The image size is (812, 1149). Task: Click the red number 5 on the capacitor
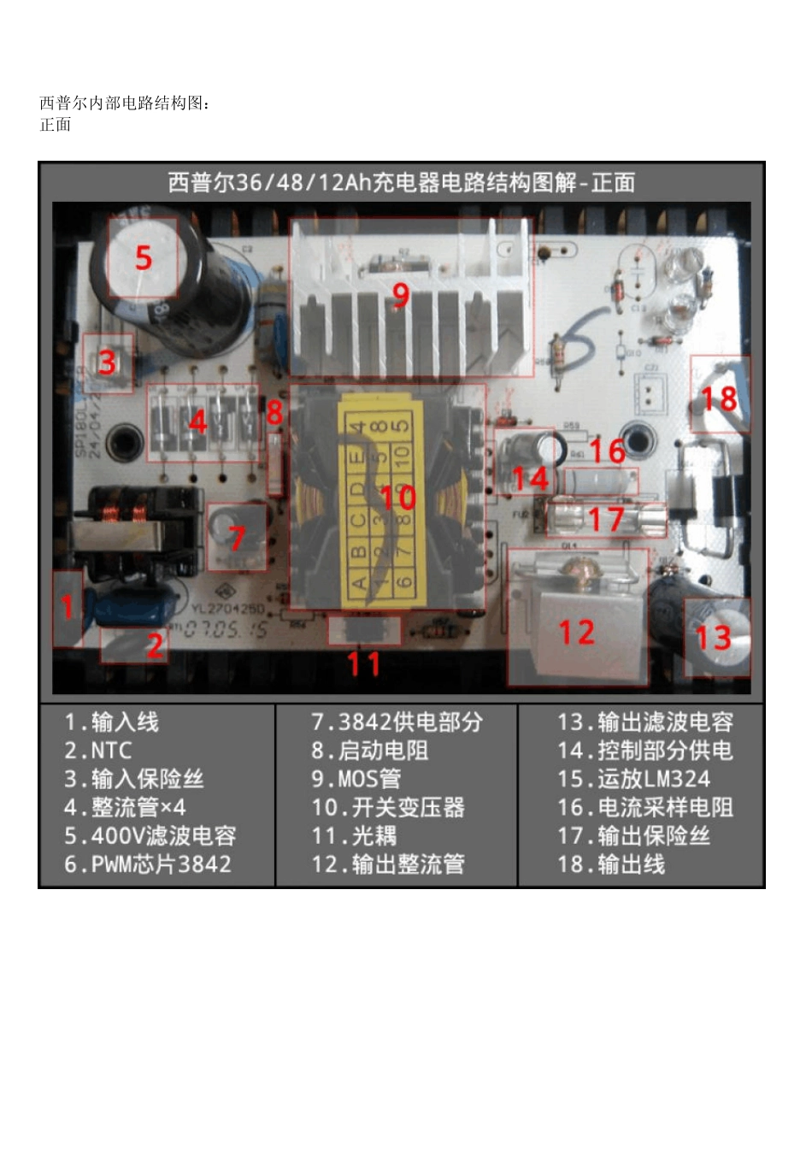point(144,257)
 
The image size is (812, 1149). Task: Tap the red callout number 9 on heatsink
point(401,295)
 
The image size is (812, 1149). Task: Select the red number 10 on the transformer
point(397,497)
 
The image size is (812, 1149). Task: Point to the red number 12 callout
point(576,633)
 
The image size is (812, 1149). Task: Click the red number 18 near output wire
point(719,398)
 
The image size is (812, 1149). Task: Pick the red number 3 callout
point(107,362)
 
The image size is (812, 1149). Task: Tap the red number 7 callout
point(237,539)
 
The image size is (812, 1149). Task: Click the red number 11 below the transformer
point(363,663)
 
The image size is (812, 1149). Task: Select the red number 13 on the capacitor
point(713,638)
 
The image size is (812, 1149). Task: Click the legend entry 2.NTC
point(98,751)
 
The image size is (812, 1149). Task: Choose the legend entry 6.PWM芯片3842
point(148,864)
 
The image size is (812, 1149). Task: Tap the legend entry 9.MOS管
point(356,779)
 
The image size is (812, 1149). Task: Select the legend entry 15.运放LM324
point(633,779)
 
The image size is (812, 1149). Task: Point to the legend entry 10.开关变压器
point(388,807)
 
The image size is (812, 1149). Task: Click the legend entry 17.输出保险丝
point(633,835)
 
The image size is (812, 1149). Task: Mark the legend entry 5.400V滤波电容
point(150,835)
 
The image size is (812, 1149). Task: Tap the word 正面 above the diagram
point(56,125)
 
